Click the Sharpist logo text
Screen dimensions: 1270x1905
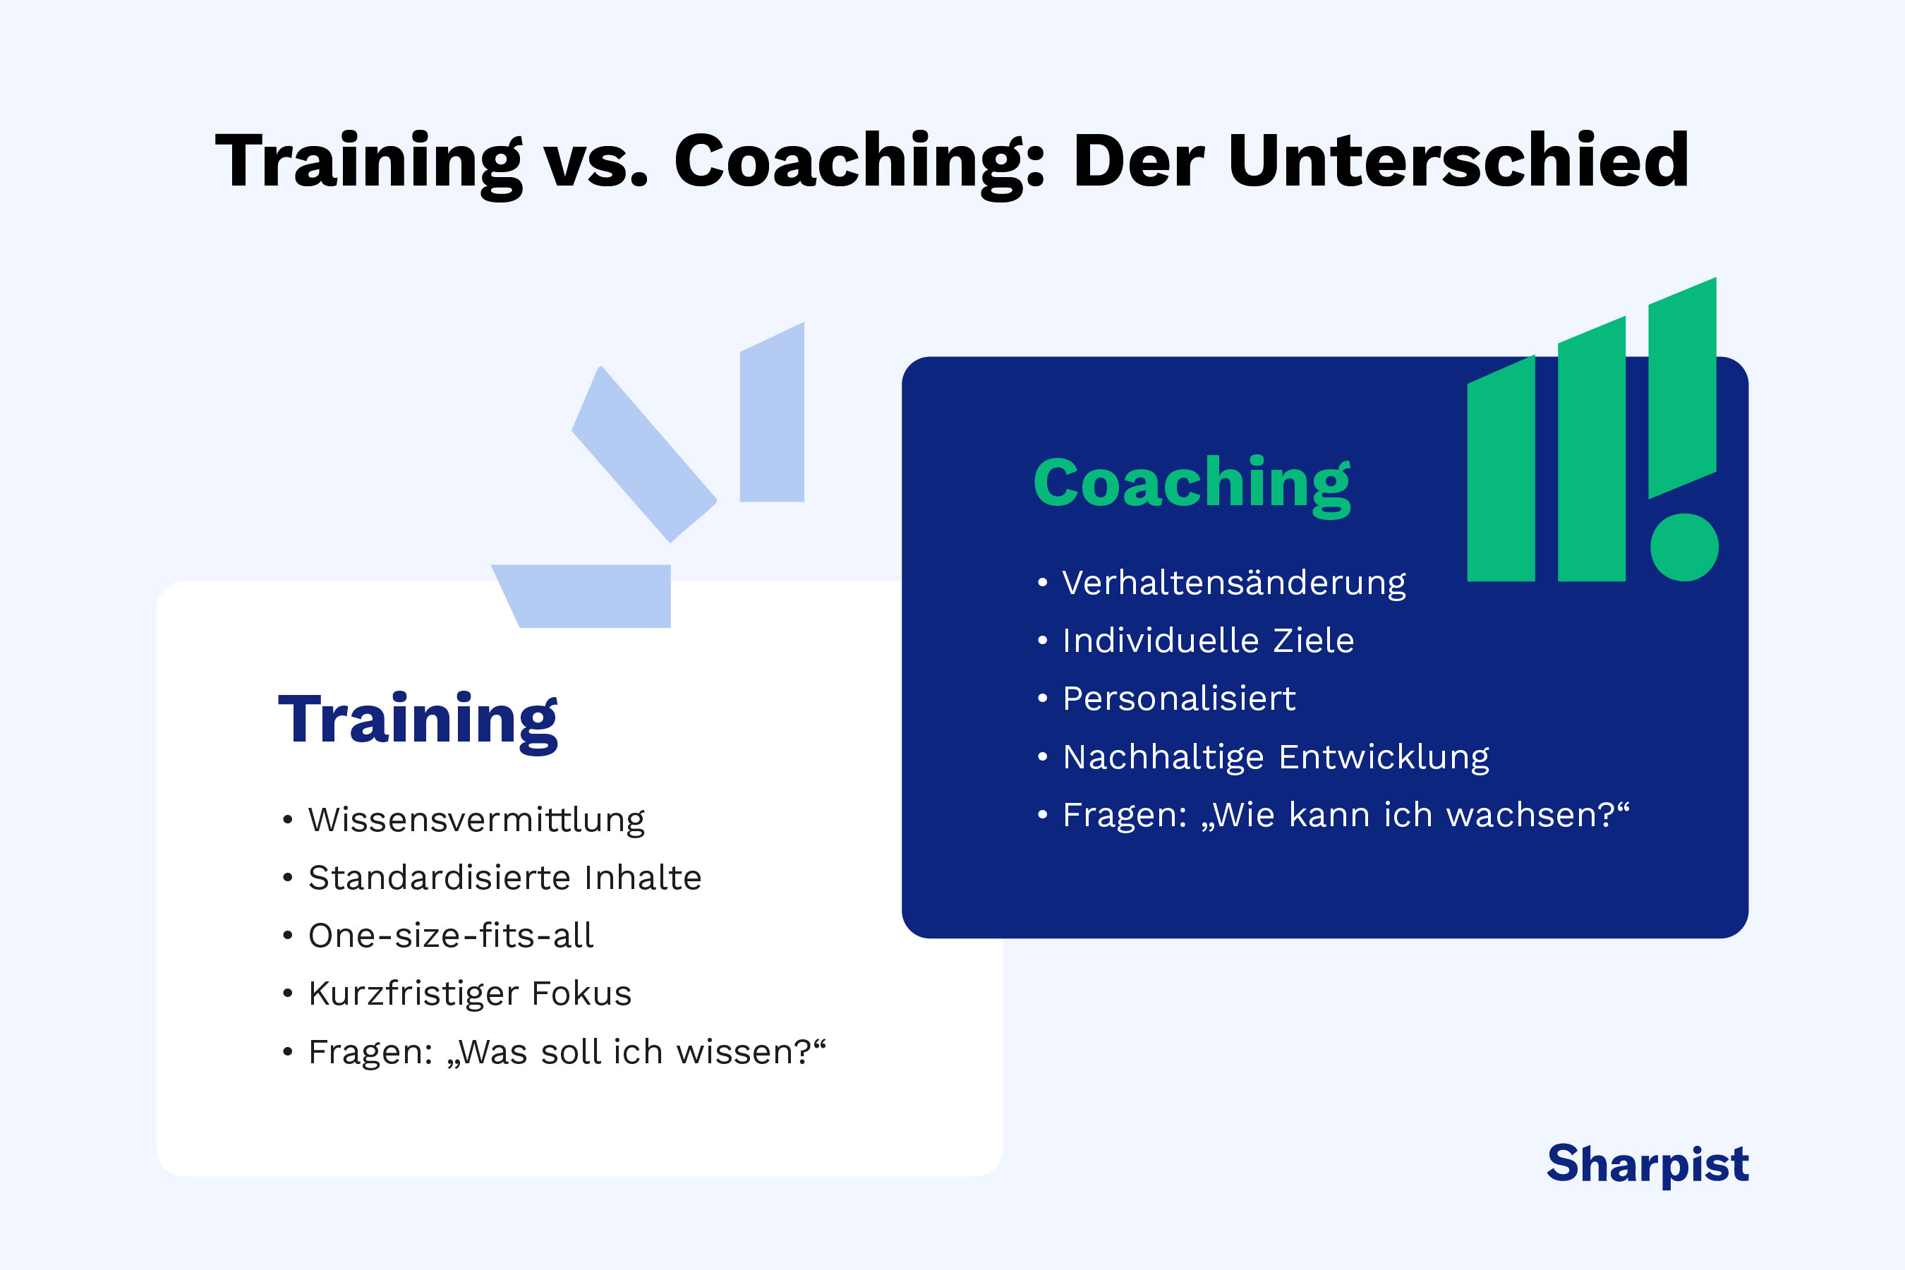click(1647, 1165)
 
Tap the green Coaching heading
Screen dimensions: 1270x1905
click(1192, 483)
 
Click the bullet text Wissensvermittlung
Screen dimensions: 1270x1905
click(476, 820)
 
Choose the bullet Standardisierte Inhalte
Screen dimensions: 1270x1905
click(504, 878)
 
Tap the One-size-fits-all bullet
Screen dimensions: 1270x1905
click(451, 936)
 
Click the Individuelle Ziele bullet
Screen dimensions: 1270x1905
click(1208, 641)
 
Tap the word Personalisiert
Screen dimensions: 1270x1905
click(1178, 699)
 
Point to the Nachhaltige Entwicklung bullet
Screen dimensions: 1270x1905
click(1276, 757)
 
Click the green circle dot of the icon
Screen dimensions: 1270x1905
click(1685, 548)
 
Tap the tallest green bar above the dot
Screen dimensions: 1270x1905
click(1682, 389)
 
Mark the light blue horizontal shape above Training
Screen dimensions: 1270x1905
click(587, 595)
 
